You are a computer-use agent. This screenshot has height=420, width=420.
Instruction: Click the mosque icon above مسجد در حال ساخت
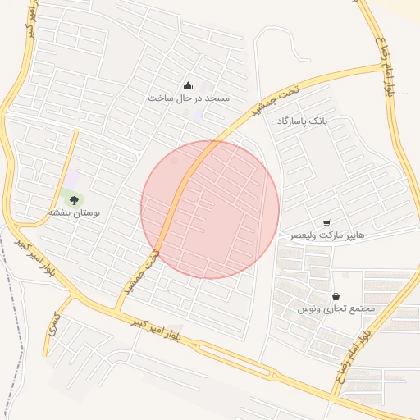189,86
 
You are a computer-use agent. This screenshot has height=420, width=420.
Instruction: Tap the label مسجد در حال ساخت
189,98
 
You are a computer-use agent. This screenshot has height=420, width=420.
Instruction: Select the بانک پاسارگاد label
302,121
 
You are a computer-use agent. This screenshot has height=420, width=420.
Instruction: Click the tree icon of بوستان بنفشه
74,199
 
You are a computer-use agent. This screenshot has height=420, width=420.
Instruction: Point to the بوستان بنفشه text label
74,212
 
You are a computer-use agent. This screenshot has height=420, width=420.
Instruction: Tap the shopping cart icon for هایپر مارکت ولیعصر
326,222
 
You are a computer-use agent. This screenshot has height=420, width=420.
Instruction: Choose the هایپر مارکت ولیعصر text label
326,235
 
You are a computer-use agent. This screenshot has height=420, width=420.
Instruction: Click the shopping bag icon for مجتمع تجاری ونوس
336,296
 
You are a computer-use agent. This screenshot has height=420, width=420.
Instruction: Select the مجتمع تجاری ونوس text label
336,308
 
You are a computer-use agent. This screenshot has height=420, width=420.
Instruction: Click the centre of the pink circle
210,209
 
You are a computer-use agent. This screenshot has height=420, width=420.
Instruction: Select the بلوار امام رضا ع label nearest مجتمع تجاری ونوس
354,353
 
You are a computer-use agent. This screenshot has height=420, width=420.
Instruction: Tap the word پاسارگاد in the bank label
293,121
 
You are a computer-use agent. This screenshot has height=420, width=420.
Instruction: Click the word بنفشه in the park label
60,212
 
